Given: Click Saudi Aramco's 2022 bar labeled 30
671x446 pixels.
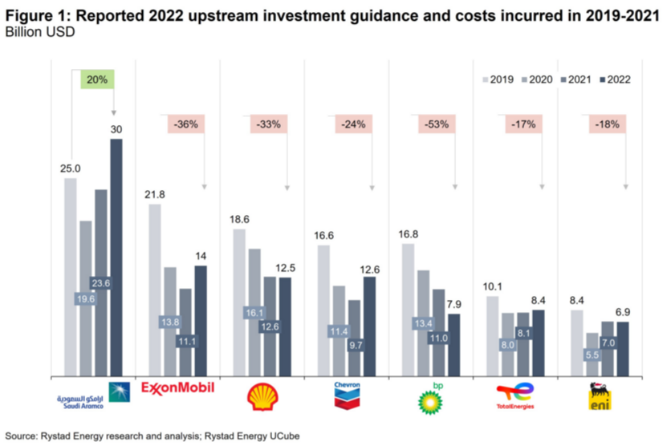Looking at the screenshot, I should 116,257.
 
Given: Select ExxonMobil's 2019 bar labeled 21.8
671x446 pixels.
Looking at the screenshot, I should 155,289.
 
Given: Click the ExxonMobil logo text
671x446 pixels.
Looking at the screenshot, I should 178,388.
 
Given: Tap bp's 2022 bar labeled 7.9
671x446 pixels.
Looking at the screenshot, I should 454,343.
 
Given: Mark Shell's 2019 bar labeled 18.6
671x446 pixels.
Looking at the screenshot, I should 239,302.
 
